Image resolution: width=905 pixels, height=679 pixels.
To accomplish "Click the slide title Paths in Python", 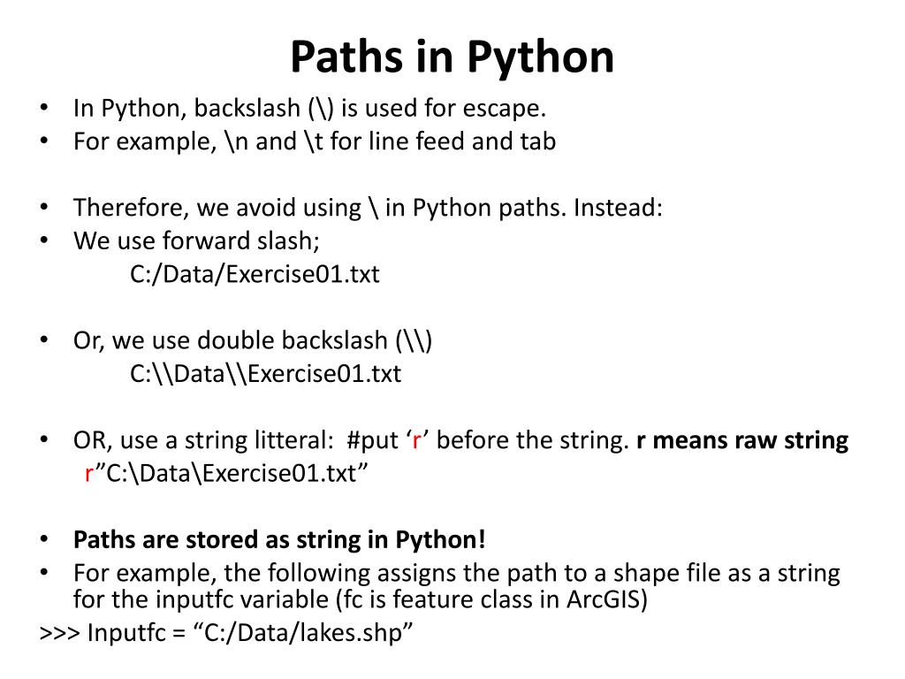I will [452, 57].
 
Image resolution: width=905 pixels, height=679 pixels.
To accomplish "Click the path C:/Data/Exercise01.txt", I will [255, 274].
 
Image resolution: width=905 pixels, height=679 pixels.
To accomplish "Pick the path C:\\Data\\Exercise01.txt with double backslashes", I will [265, 374].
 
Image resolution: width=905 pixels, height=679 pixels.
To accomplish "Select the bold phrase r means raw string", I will [742, 440].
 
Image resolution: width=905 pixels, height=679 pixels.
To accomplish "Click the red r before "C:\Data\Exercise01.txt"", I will [89, 474].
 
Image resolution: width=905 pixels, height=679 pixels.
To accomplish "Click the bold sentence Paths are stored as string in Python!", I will [279, 539].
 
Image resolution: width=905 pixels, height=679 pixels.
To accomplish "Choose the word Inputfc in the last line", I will [125, 634].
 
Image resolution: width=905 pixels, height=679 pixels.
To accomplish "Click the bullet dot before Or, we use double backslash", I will [45, 340].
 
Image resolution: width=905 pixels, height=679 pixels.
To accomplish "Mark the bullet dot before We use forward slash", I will [45, 240].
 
